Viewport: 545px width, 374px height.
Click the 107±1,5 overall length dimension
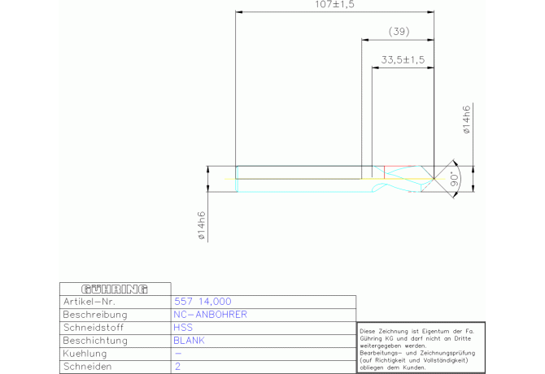click(334, 5)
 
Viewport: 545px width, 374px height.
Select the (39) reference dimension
click(399, 32)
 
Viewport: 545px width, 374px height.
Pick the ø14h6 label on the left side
click(201, 227)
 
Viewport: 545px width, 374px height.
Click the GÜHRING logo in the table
click(115, 289)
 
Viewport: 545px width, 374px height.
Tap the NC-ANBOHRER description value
click(211, 314)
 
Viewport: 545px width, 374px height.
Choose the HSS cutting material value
click(183, 328)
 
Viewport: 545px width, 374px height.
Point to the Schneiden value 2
click(177, 367)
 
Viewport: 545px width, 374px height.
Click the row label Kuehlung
click(84, 354)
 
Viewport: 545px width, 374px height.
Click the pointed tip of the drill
click(434, 177)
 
